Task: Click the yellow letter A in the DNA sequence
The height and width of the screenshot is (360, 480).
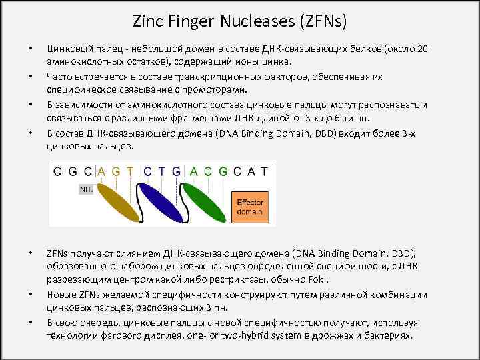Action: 102,171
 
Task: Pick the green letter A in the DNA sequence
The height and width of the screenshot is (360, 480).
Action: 194,171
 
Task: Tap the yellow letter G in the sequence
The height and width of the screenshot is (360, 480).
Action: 116,171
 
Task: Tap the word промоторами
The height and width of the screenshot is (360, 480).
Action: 209,89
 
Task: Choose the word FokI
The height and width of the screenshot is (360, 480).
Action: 319,279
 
